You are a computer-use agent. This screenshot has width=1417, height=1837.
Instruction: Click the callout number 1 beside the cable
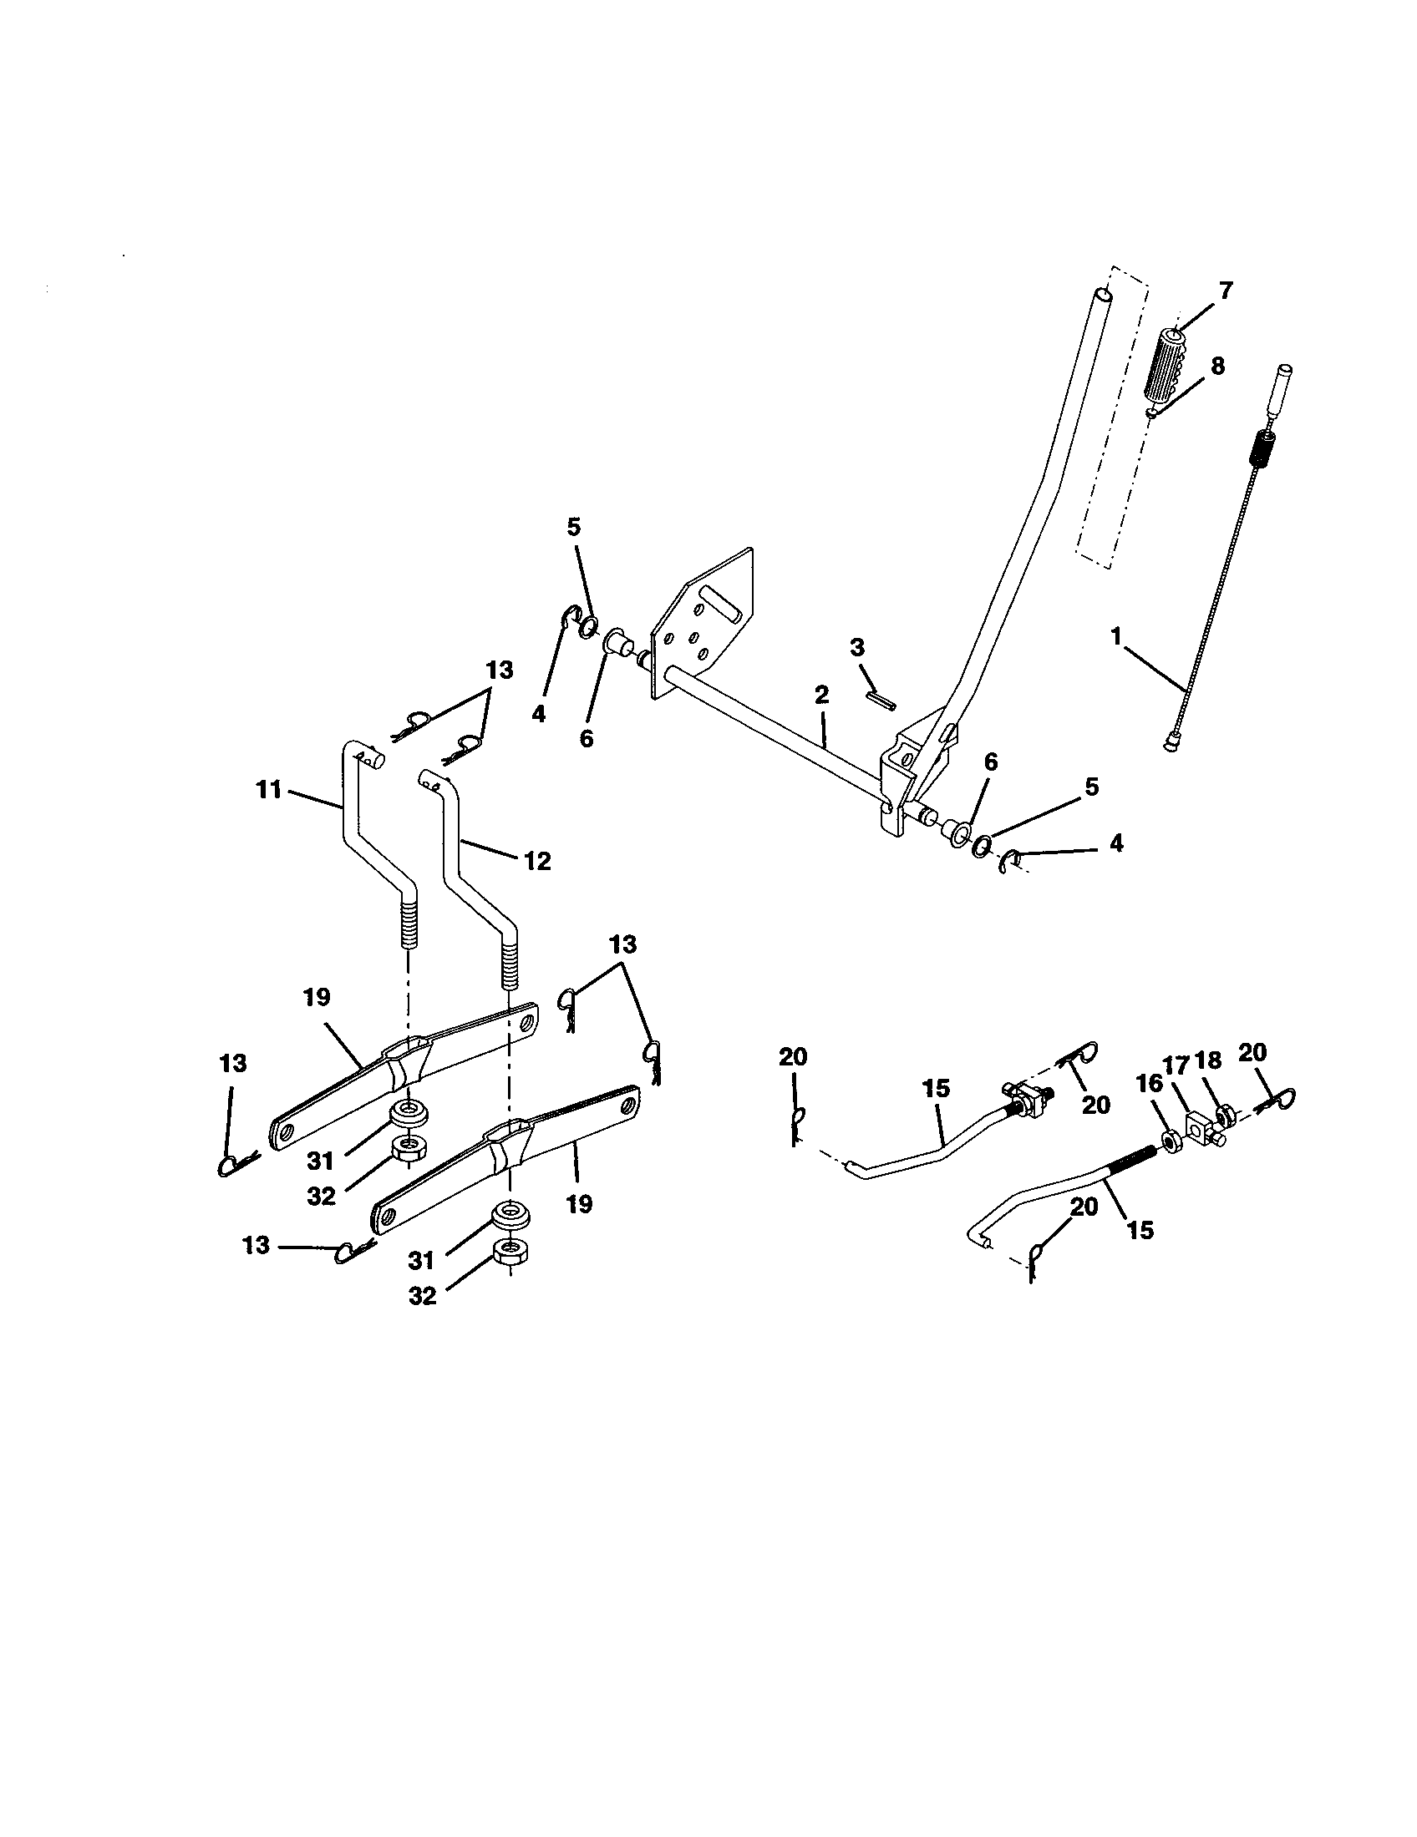[x=1116, y=637]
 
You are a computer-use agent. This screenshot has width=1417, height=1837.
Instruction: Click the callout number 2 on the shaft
[x=821, y=695]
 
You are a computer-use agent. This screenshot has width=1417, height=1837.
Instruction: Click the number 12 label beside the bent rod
[x=537, y=860]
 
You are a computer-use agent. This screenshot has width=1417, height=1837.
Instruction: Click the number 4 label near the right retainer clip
[x=1115, y=843]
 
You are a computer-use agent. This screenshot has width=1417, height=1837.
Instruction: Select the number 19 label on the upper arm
[x=317, y=998]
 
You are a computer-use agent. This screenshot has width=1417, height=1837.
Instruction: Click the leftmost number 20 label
[x=793, y=1057]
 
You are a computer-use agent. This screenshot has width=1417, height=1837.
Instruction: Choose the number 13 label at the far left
[x=233, y=1063]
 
